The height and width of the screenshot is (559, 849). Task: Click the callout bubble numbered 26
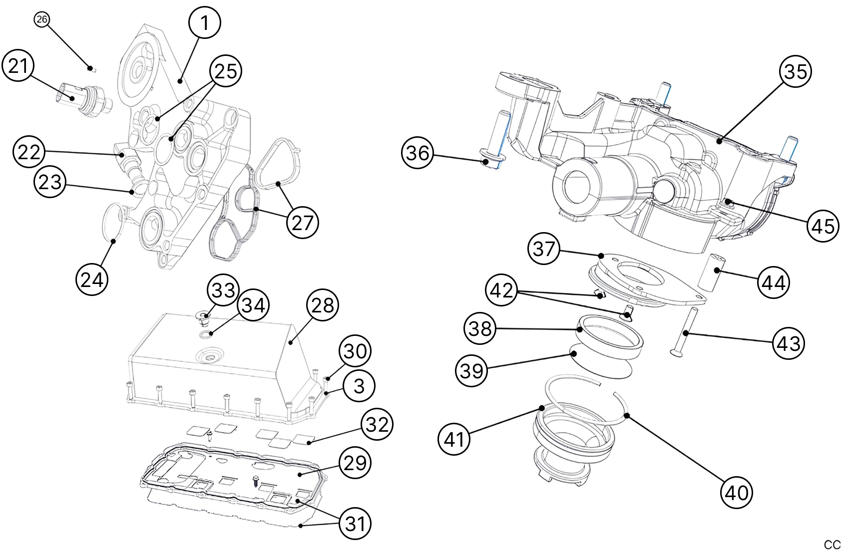[x=41, y=19]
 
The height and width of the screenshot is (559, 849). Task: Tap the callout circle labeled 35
[x=795, y=71]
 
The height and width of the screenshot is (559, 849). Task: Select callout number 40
[x=736, y=493]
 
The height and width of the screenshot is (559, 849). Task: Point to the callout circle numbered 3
[x=359, y=386]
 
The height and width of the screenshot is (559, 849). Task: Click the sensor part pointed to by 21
[x=80, y=98]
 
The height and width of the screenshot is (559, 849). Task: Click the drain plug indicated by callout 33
[x=203, y=316]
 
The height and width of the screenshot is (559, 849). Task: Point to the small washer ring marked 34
[x=205, y=333]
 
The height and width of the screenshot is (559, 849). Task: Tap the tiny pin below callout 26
[x=91, y=68]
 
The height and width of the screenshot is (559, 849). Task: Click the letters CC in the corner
[x=832, y=545]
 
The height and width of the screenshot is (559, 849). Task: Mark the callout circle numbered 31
[x=355, y=523]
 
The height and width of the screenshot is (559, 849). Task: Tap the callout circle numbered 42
[x=501, y=289]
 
